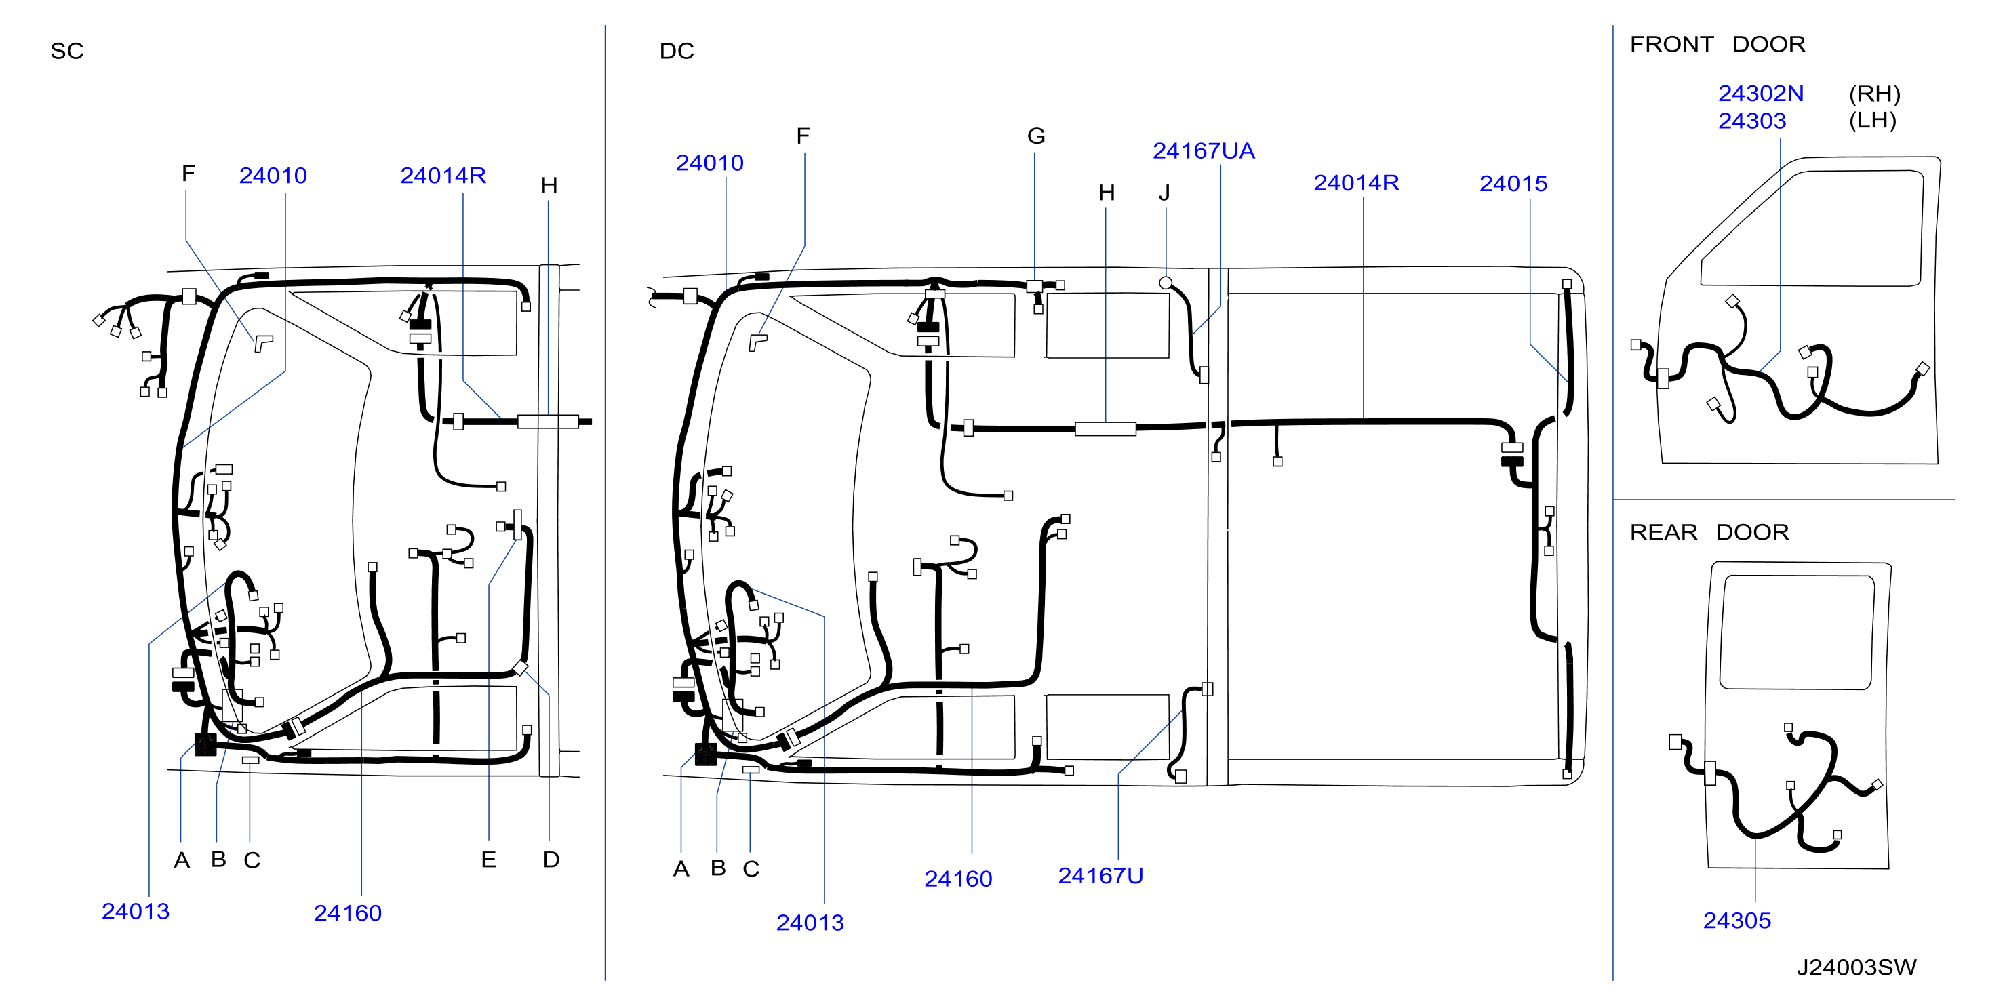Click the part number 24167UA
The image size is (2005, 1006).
[x=1204, y=151]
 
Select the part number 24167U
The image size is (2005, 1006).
[x=1100, y=876]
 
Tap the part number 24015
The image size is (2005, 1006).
[x=1513, y=184]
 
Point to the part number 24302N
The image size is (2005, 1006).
[x=1761, y=94]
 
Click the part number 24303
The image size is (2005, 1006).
[x=1752, y=121]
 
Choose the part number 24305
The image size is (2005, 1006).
[x=1736, y=921]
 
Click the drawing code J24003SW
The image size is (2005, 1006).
[x=1857, y=967]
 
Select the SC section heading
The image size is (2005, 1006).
[x=67, y=52]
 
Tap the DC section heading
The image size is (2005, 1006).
[x=677, y=52]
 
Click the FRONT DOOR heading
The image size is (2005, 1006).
[x=1717, y=44]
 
